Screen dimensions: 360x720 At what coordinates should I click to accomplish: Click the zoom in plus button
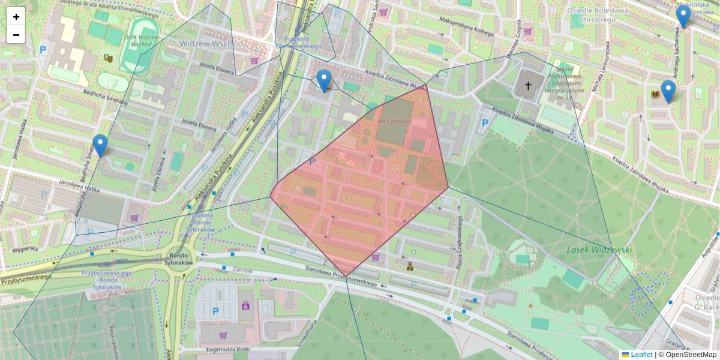click(x=16, y=17)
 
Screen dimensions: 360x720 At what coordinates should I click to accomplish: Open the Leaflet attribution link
click(x=641, y=355)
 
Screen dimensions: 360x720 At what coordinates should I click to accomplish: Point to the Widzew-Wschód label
click(x=211, y=44)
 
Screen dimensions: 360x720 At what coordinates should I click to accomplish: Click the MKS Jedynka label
click(x=394, y=121)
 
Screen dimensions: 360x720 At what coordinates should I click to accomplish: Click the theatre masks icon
click(x=108, y=58)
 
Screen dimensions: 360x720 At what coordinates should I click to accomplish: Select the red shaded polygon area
click(x=360, y=186)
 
